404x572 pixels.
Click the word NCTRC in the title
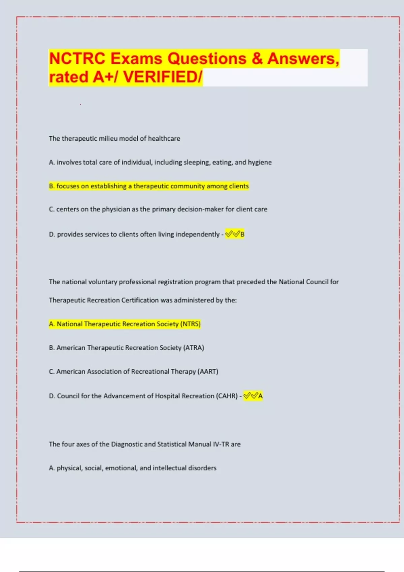[77, 59]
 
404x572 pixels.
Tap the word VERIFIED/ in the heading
[163, 77]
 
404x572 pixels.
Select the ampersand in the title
[257, 59]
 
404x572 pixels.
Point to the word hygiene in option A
[260, 162]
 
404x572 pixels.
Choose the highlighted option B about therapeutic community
[149, 186]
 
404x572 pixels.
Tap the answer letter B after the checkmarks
[242, 234]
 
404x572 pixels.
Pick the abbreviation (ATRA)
[194, 348]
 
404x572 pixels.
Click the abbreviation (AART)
[208, 372]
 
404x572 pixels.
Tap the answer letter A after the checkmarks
[260, 396]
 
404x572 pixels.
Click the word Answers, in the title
[303, 59]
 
